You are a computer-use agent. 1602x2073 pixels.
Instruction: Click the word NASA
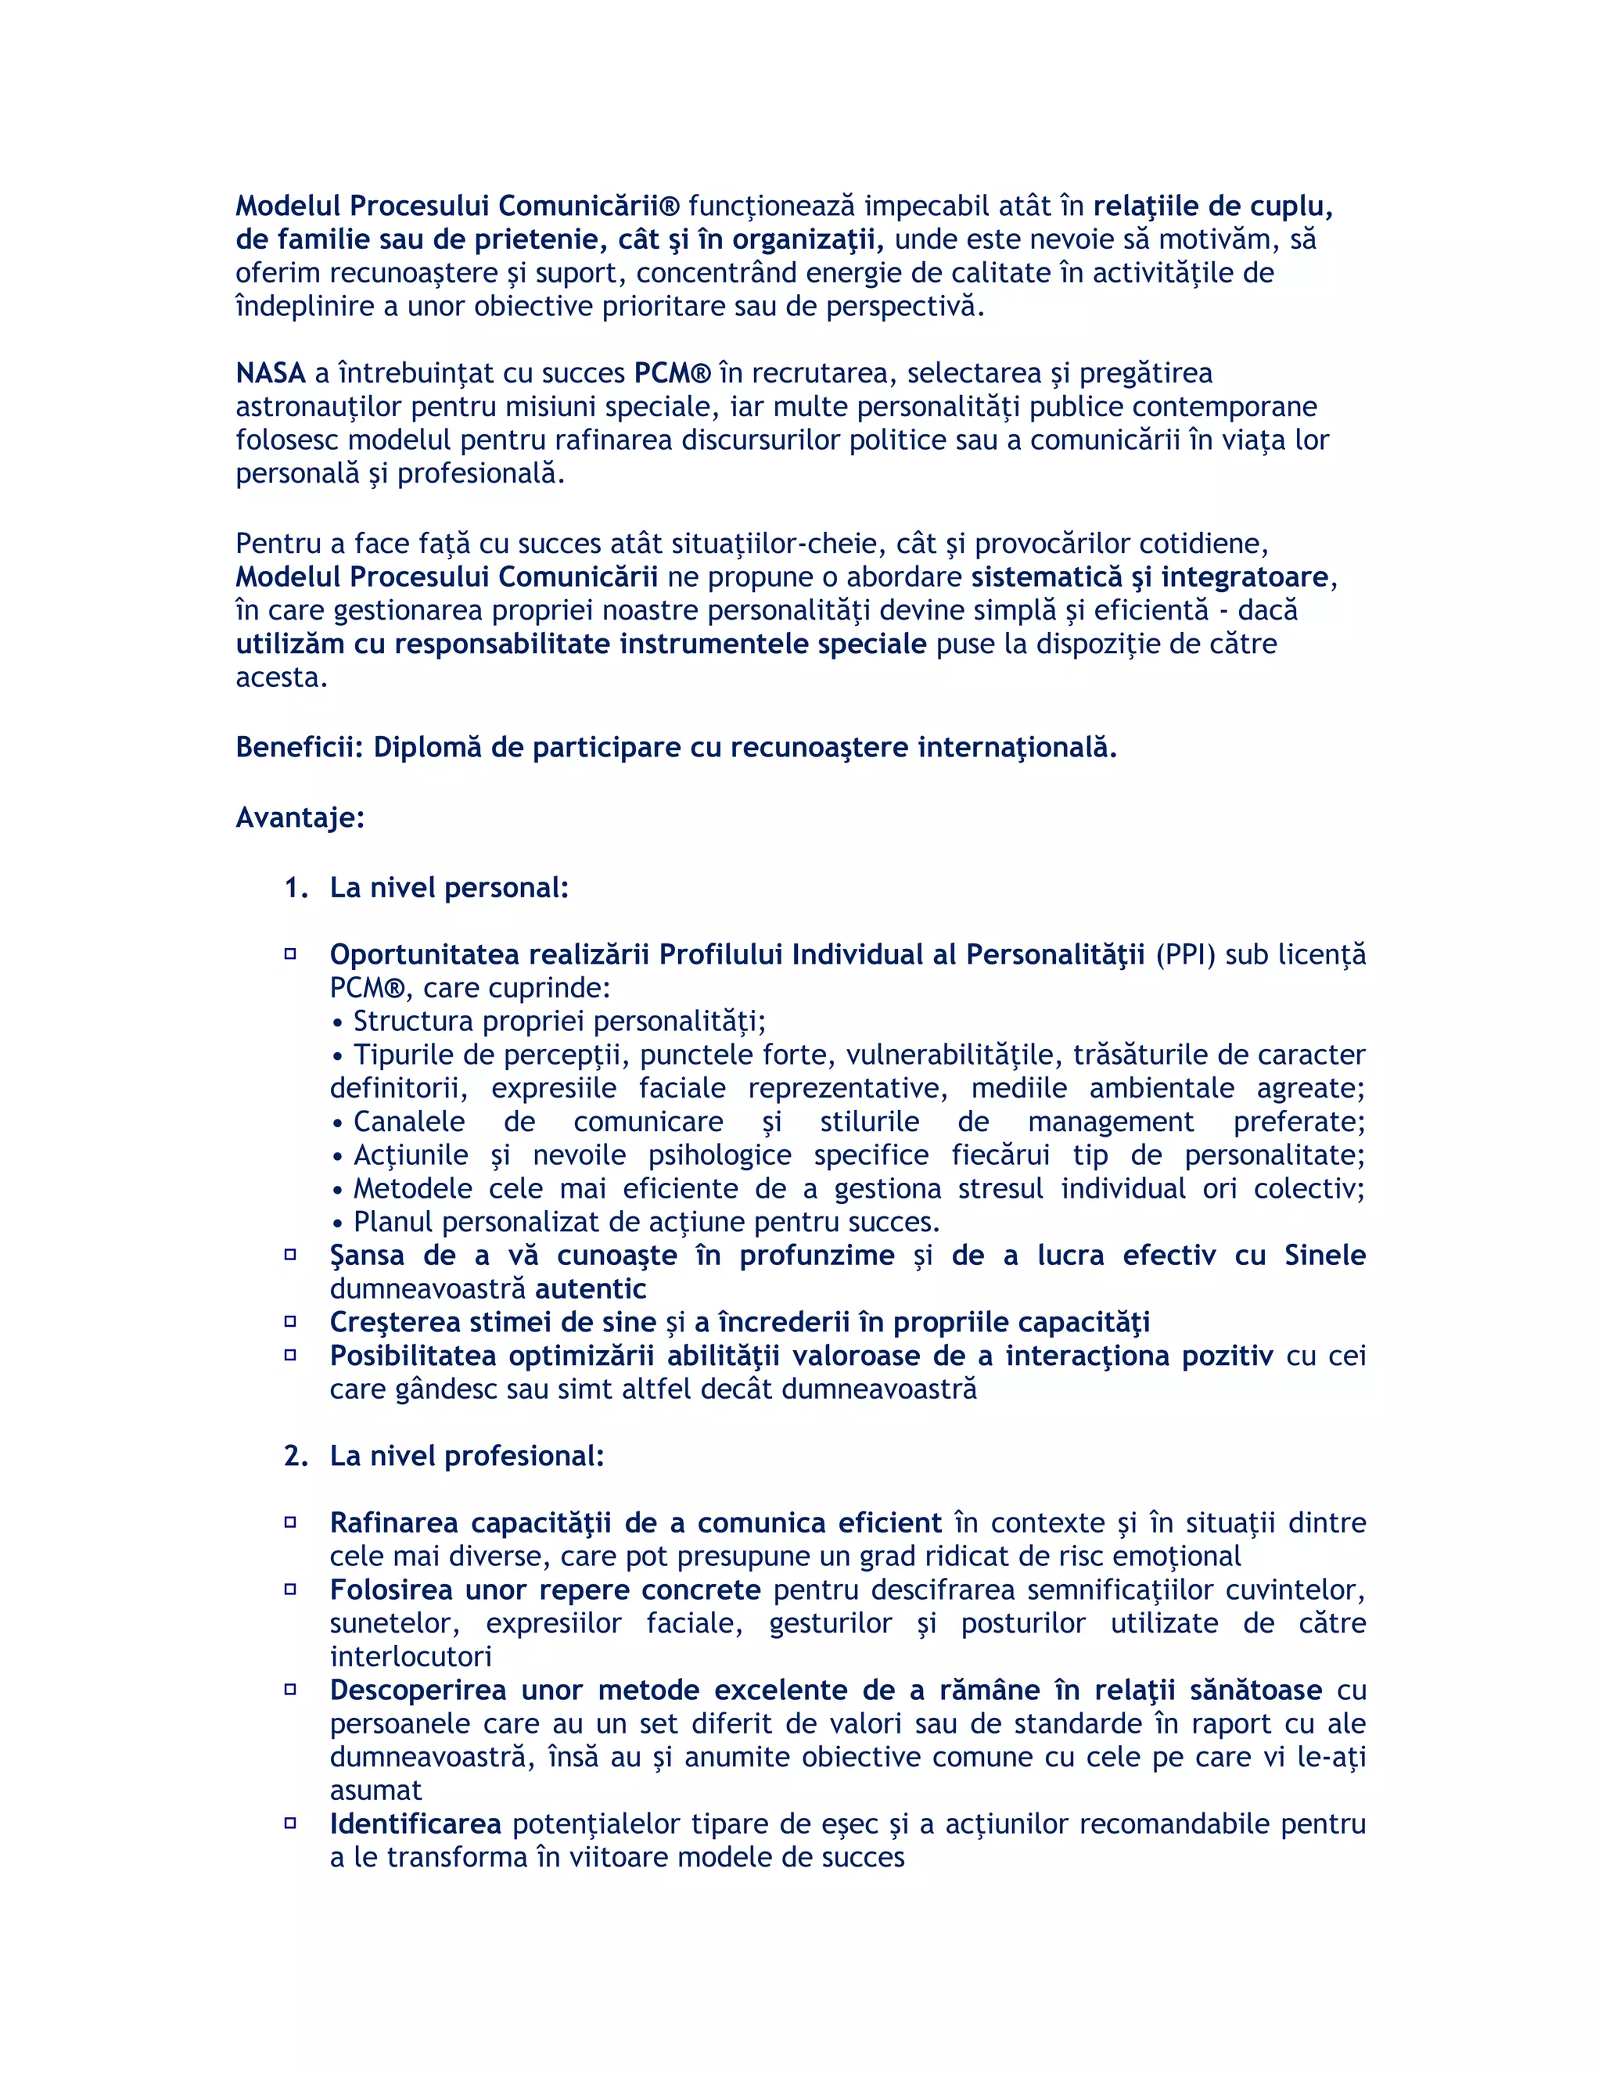pos(271,373)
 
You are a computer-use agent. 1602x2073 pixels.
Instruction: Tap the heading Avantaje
pos(299,817)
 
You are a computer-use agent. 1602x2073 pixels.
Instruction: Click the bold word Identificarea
pos(415,1824)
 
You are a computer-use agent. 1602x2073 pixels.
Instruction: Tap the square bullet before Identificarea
pos(290,1823)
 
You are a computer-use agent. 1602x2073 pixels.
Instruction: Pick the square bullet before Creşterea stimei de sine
pos(290,1321)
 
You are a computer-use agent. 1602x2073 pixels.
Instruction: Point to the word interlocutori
pos(410,1658)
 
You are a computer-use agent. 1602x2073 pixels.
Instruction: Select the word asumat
pos(375,1791)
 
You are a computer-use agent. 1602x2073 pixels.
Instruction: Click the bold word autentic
pos(591,1289)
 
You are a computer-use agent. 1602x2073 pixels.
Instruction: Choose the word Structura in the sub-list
pos(413,1022)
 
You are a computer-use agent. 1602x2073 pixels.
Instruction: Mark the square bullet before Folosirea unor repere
pos(290,1589)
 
